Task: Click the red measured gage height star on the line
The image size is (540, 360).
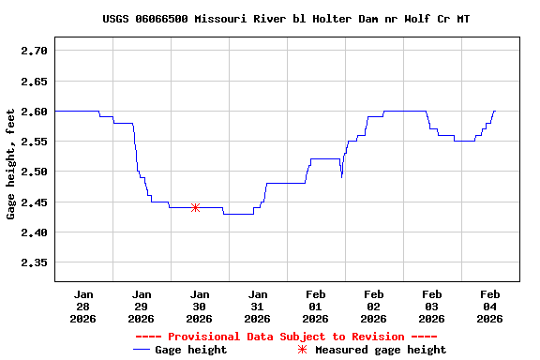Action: point(195,207)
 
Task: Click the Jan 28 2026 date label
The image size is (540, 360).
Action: point(83,306)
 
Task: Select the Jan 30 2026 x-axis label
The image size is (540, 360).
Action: point(199,306)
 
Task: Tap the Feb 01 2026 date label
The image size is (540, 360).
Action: point(315,306)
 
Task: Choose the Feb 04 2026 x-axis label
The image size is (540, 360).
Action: point(489,306)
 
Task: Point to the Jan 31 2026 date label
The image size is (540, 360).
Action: point(257,306)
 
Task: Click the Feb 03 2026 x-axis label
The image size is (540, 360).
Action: point(431,306)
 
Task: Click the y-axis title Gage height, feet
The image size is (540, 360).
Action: point(11,165)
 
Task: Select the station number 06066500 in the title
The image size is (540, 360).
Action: point(167,19)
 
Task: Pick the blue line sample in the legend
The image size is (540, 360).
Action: point(142,350)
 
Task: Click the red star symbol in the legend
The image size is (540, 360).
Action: point(302,350)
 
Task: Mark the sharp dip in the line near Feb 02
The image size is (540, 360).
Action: point(341,176)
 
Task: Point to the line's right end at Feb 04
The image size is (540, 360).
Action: point(494,111)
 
